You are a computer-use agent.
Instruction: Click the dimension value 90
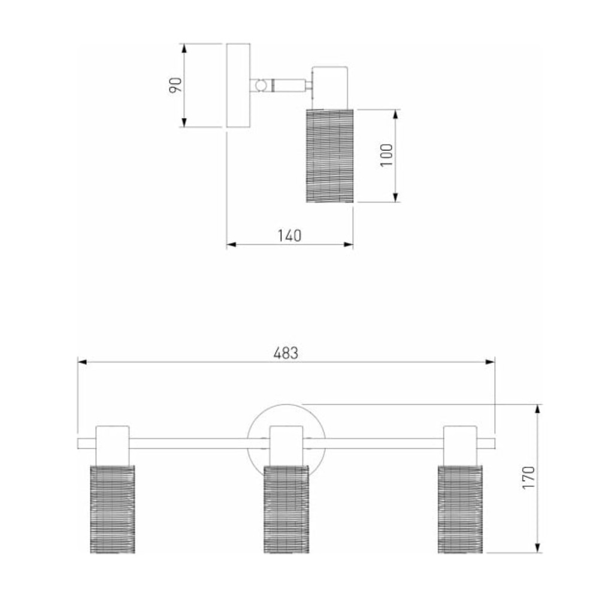coord(176,85)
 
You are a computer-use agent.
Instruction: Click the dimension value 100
coord(386,155)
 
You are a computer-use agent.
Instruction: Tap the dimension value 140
coord(289,235)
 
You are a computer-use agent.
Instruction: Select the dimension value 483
coord(286,353)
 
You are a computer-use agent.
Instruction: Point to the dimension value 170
coord(529,477)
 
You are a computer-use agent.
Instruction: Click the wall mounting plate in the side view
coord(238,85)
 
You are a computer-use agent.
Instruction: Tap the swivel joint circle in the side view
coord(261,86)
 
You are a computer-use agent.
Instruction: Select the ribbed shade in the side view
coord(329,156)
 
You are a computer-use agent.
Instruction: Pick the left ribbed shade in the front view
coord(113,509)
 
